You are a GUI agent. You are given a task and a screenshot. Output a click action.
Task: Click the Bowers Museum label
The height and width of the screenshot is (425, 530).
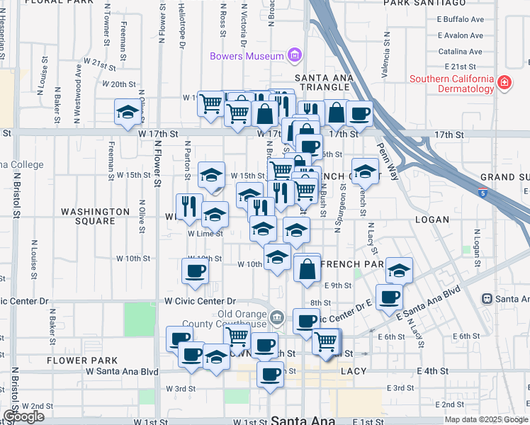click(247, 55)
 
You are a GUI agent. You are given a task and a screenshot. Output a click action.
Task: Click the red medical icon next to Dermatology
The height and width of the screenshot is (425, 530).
click(504, 83)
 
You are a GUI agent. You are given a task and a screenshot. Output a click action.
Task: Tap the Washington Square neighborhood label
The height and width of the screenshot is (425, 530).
click(96, 216)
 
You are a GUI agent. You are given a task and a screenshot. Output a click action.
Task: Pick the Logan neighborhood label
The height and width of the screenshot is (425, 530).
click(432, 220)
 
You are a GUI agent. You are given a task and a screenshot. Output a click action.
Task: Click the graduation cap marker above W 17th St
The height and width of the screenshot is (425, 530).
click(128, 112)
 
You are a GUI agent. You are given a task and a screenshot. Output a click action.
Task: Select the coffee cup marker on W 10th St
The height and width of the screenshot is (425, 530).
click(196, 270)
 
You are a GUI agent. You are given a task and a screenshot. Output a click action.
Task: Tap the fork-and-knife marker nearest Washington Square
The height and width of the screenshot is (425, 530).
click(188, 205)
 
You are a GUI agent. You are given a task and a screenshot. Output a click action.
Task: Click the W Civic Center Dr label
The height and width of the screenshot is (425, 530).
click(200, 301)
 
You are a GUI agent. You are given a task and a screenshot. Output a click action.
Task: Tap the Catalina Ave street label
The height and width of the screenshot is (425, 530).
click(460, 51)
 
